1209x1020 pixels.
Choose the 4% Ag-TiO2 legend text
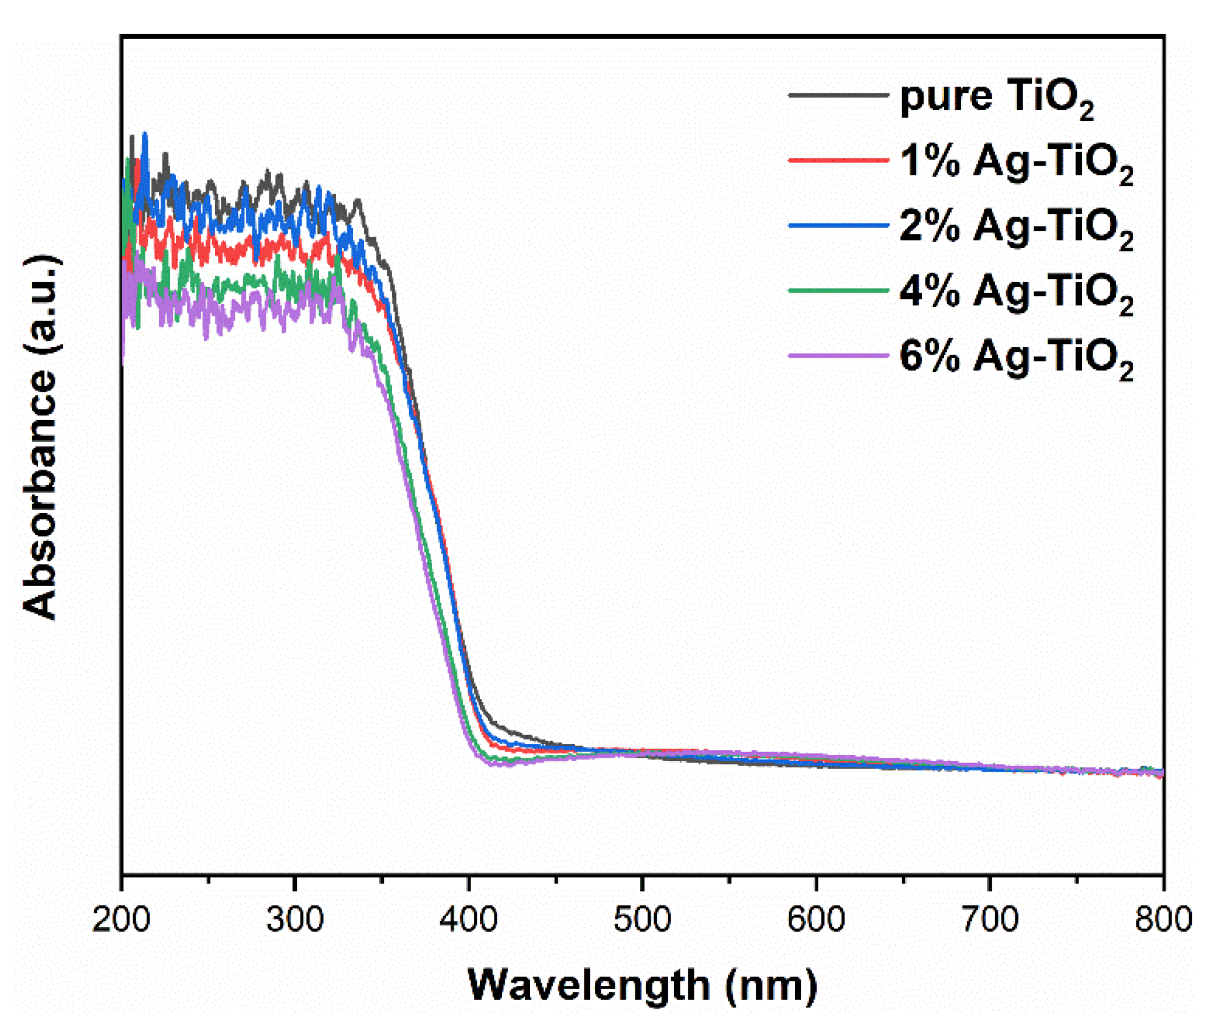click(1016, 292)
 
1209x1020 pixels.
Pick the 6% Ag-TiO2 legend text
click(1016, 357)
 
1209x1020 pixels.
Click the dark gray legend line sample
click(838, 94)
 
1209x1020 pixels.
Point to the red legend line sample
click(838, 159)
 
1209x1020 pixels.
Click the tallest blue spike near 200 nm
click(145, 135)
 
